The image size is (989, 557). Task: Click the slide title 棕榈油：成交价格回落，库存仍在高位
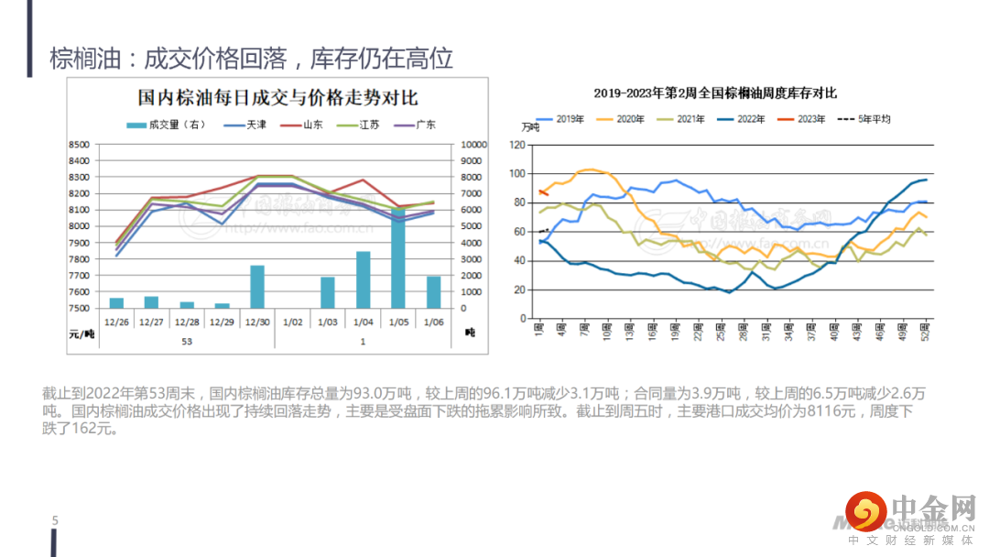[x=252, y=60]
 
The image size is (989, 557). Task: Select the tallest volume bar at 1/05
[x=398, y=258]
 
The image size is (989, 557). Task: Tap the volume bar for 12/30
[x=257, y=287]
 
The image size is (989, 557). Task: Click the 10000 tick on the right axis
[x=473, y=145]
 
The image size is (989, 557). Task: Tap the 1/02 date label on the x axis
[x=293, y=322]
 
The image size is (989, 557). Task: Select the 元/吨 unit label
[x=82, y=333]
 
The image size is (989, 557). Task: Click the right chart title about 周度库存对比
[x=715, y=93]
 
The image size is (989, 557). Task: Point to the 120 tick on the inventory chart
[x=517, y=145]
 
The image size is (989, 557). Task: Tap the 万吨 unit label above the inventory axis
[x=530, y=127]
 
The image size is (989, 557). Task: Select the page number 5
[x=55, y=521]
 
